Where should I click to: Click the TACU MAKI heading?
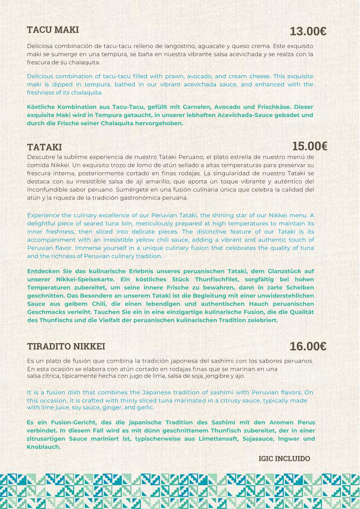click(53, 30)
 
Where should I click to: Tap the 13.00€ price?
click(308, 31)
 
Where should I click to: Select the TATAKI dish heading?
click(44, 147)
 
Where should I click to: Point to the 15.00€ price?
click(310, 146)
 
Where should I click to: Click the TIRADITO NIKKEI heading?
click(66, 346)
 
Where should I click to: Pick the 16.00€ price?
click(308, 346)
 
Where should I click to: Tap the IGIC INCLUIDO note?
click(284, 459)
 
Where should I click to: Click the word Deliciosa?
click(41, 46)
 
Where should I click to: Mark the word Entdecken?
click(43, 271)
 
